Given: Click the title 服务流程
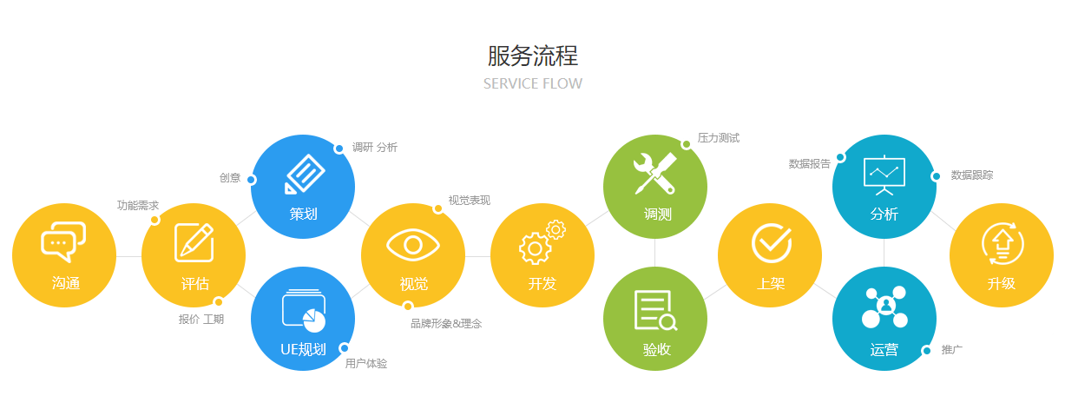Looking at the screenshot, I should [532, 56].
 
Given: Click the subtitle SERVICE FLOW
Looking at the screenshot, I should [532, 84].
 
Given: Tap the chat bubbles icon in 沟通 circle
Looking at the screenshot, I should [64, 241].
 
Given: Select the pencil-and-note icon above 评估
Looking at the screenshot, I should [194, 242].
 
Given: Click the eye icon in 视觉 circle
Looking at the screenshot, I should [412, 244].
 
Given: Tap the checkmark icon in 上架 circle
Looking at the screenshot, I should [771, 242].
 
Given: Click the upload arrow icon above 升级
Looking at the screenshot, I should [1002, 243].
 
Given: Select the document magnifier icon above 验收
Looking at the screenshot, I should [655, 311].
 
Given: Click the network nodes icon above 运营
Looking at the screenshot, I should [884, 307].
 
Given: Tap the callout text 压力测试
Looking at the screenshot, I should [719, 138].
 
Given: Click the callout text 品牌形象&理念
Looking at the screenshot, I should [446, 324].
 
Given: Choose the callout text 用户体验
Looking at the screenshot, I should [366, 364].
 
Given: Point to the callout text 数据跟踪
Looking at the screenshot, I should [972, 175].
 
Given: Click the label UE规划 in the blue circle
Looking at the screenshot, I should [303, 350].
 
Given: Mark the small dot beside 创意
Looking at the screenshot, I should [251, 180].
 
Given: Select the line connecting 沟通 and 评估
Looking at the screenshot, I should [128, 256].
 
